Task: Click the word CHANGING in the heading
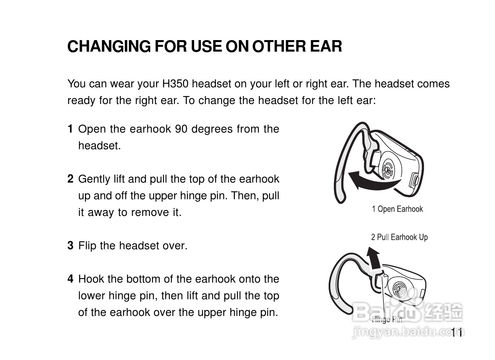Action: click(109, 46)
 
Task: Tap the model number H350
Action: click(175, 84)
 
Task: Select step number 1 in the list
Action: click(70, 129)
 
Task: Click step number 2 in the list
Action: click(70, 179)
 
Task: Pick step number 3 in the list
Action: click(70, 246)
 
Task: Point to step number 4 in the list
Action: click(70, 279)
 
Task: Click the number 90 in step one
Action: click(181, 129)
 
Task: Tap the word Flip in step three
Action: click(87, 246)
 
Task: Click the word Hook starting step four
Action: click(91, 279)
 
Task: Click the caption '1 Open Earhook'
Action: click(397, 209)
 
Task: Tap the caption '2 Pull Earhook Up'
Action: click(400, 237)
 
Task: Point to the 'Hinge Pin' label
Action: click(387, 320)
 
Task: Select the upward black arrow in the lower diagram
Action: click(374, 258)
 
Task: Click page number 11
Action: click(456, 333)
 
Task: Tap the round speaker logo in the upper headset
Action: click(388, 170)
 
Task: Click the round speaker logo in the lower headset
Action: click(399, 289)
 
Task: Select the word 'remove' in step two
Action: click(150, 213)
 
